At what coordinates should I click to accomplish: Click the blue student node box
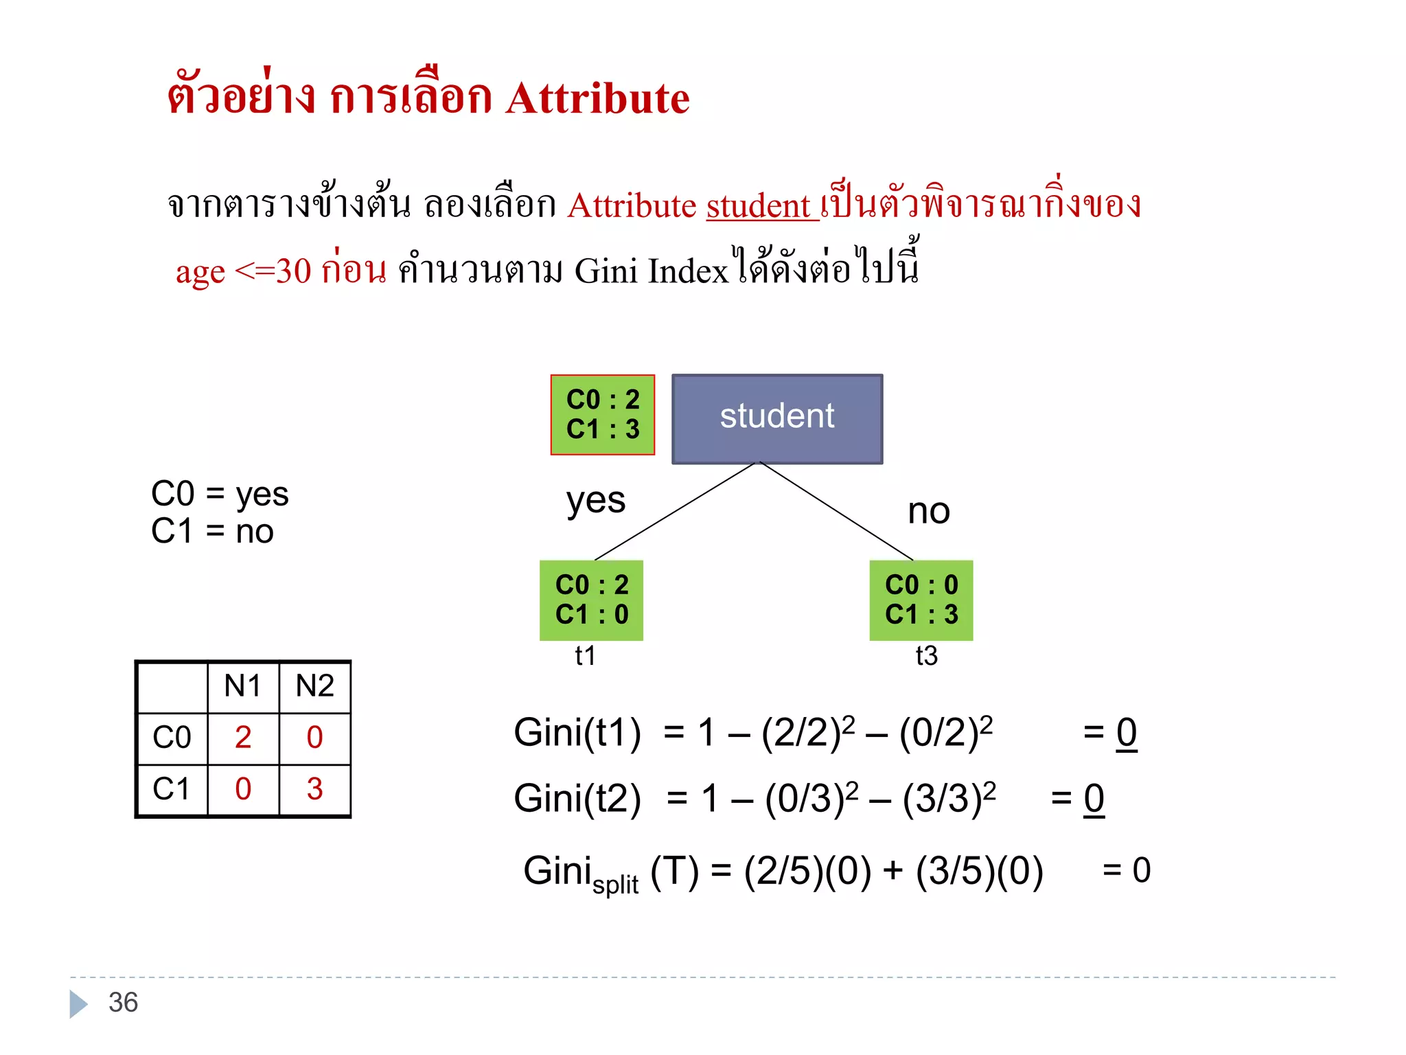click(x=777, y=418)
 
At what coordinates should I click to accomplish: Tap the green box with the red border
click(x=603, y=415)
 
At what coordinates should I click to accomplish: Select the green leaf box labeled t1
click(x=591, y=600)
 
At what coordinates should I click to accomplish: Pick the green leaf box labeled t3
click(x=921, y=600)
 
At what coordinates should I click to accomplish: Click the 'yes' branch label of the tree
click(x=595, y=501)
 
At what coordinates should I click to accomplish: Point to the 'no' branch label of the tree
click(x=928, y=512)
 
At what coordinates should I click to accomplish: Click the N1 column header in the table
click(x=242, y=686)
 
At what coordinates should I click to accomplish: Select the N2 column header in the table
click(x=314, y=686)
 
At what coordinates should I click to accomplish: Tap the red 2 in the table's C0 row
click(x=243, y=738)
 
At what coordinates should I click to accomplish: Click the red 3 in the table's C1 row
click(x=314, y=789)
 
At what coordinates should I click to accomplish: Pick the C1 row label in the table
click(x=172, y=789)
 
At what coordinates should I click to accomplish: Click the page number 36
click(x=124, y=1003)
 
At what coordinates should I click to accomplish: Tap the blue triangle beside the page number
click(x=78, y=1004)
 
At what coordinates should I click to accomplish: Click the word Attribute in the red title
click(x=597, y=98)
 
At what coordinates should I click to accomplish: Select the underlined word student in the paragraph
click(x=759, y=206)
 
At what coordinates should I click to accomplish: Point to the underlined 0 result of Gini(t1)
click(x=1127, y=733)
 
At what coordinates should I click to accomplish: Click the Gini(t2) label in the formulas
click(x=577, y=799)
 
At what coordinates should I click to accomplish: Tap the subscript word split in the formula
click(x=615, y=885)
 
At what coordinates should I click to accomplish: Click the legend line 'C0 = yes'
click(x=220, y=494)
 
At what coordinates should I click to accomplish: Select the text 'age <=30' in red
click(x=243, y=271)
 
